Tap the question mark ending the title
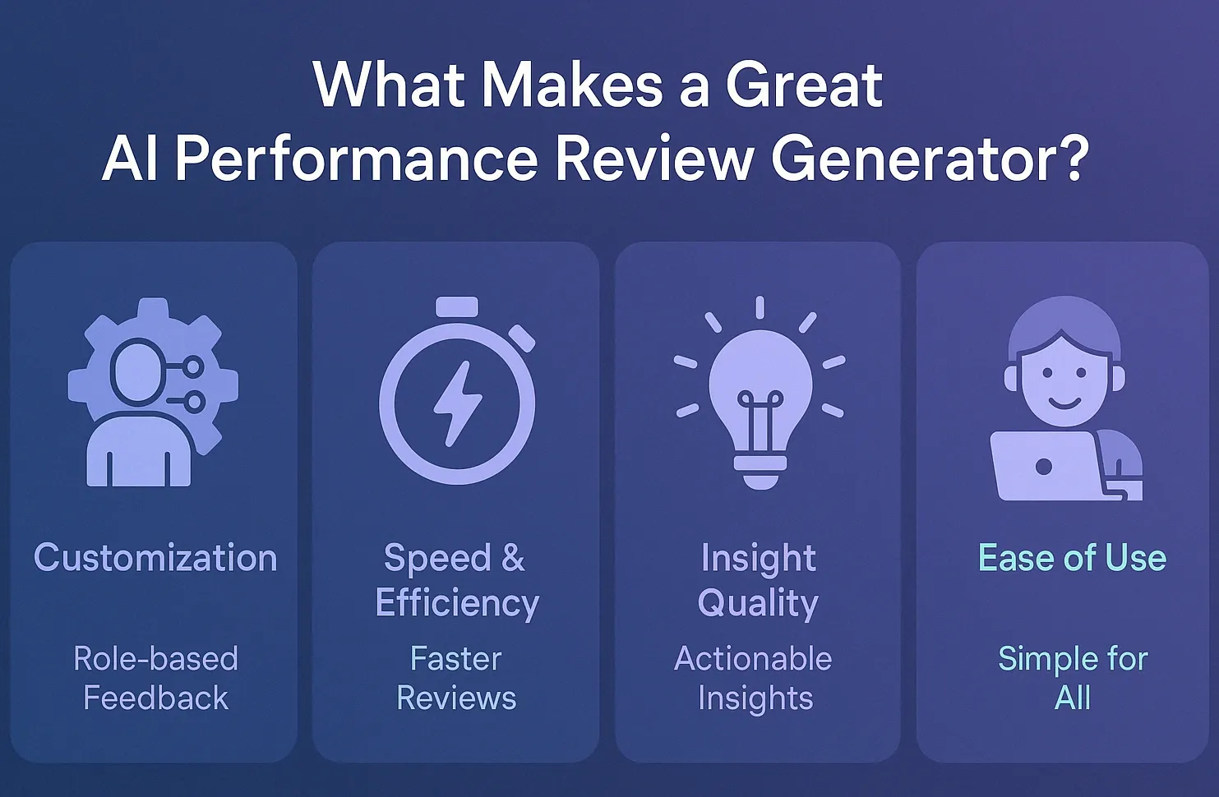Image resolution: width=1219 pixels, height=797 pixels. coord(1071,157)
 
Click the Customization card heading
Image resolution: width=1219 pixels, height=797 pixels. coord(155,558)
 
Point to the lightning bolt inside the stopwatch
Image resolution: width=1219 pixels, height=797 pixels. coord(457,403)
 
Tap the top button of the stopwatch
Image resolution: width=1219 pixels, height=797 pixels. coord(457,306)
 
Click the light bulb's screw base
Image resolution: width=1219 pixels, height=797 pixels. coord(760,472)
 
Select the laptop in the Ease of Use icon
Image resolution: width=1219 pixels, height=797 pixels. coord(1047,466)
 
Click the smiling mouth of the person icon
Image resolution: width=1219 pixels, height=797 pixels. coord(1064,403)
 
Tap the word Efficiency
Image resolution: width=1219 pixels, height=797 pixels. coord(457,604)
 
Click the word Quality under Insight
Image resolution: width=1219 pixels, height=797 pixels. coord(758,604)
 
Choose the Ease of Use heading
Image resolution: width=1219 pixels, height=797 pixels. coord(1072,558)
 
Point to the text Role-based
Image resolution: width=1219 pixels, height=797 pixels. coord(155,659)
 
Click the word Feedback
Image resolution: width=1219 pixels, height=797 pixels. coord(155,698)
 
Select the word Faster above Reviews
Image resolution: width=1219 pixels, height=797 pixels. coord(455,659)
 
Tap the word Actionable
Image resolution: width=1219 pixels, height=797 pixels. coord(753,659)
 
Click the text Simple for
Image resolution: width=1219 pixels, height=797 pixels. coord(1073,660)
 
